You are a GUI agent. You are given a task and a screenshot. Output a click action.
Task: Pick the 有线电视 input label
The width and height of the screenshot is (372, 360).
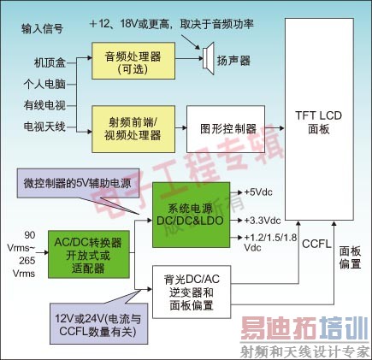[x=41, y=105]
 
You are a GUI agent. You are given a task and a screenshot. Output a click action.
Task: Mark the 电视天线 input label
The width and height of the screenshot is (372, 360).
[x=41, y=127]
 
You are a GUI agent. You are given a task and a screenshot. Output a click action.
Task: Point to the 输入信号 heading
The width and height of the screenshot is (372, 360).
[x=44, y=29]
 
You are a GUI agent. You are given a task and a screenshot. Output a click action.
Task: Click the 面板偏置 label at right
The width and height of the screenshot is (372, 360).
[x=350, y=258]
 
